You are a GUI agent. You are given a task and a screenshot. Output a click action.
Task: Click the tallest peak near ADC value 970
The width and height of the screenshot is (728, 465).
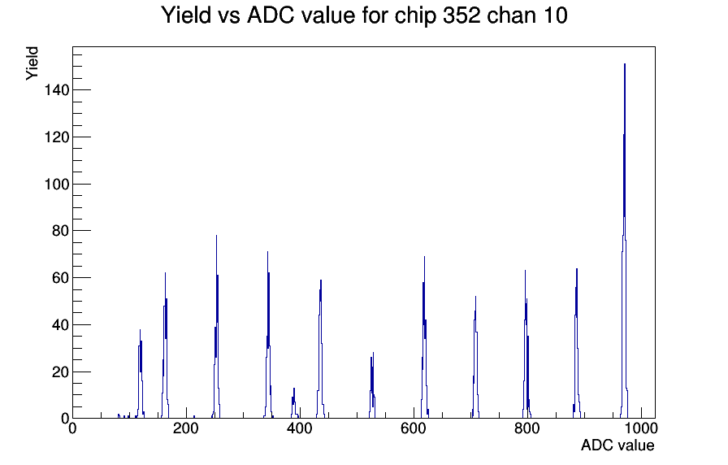pos(625,241)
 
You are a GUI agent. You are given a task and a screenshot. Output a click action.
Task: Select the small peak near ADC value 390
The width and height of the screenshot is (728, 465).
pos(294,403)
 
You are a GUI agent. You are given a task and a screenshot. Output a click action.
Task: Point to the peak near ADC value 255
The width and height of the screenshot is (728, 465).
pos(216,325)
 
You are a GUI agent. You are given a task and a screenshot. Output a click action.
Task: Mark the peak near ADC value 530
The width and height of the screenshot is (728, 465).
pos(372,385)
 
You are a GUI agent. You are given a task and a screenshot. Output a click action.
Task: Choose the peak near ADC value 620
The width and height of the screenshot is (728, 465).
pos(424,337)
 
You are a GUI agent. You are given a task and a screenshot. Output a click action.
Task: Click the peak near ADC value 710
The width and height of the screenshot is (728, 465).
pos(475,358)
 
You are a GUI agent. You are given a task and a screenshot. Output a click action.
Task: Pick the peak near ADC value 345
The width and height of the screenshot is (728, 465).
pos(268,334)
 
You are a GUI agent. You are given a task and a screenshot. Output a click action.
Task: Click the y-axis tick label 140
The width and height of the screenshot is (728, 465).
pos(57,89)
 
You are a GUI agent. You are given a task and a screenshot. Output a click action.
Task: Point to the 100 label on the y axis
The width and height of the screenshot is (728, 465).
pos(57,184)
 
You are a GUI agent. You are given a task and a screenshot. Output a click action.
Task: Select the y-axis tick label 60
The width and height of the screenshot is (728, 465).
pos(60,278)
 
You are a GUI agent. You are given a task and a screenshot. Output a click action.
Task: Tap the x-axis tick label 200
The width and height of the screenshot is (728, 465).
pos(186,428)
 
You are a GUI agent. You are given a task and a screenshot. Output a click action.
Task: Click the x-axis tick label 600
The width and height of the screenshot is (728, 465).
pos(414,428)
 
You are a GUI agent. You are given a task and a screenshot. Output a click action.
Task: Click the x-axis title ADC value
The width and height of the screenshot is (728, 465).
pos(617,445)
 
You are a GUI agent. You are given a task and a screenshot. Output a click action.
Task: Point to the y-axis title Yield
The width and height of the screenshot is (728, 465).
pos(32,63)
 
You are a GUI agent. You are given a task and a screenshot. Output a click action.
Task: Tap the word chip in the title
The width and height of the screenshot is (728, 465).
pos(415,16)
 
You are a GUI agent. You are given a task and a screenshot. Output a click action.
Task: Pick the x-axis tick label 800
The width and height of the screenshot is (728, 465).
pos(527,428)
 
